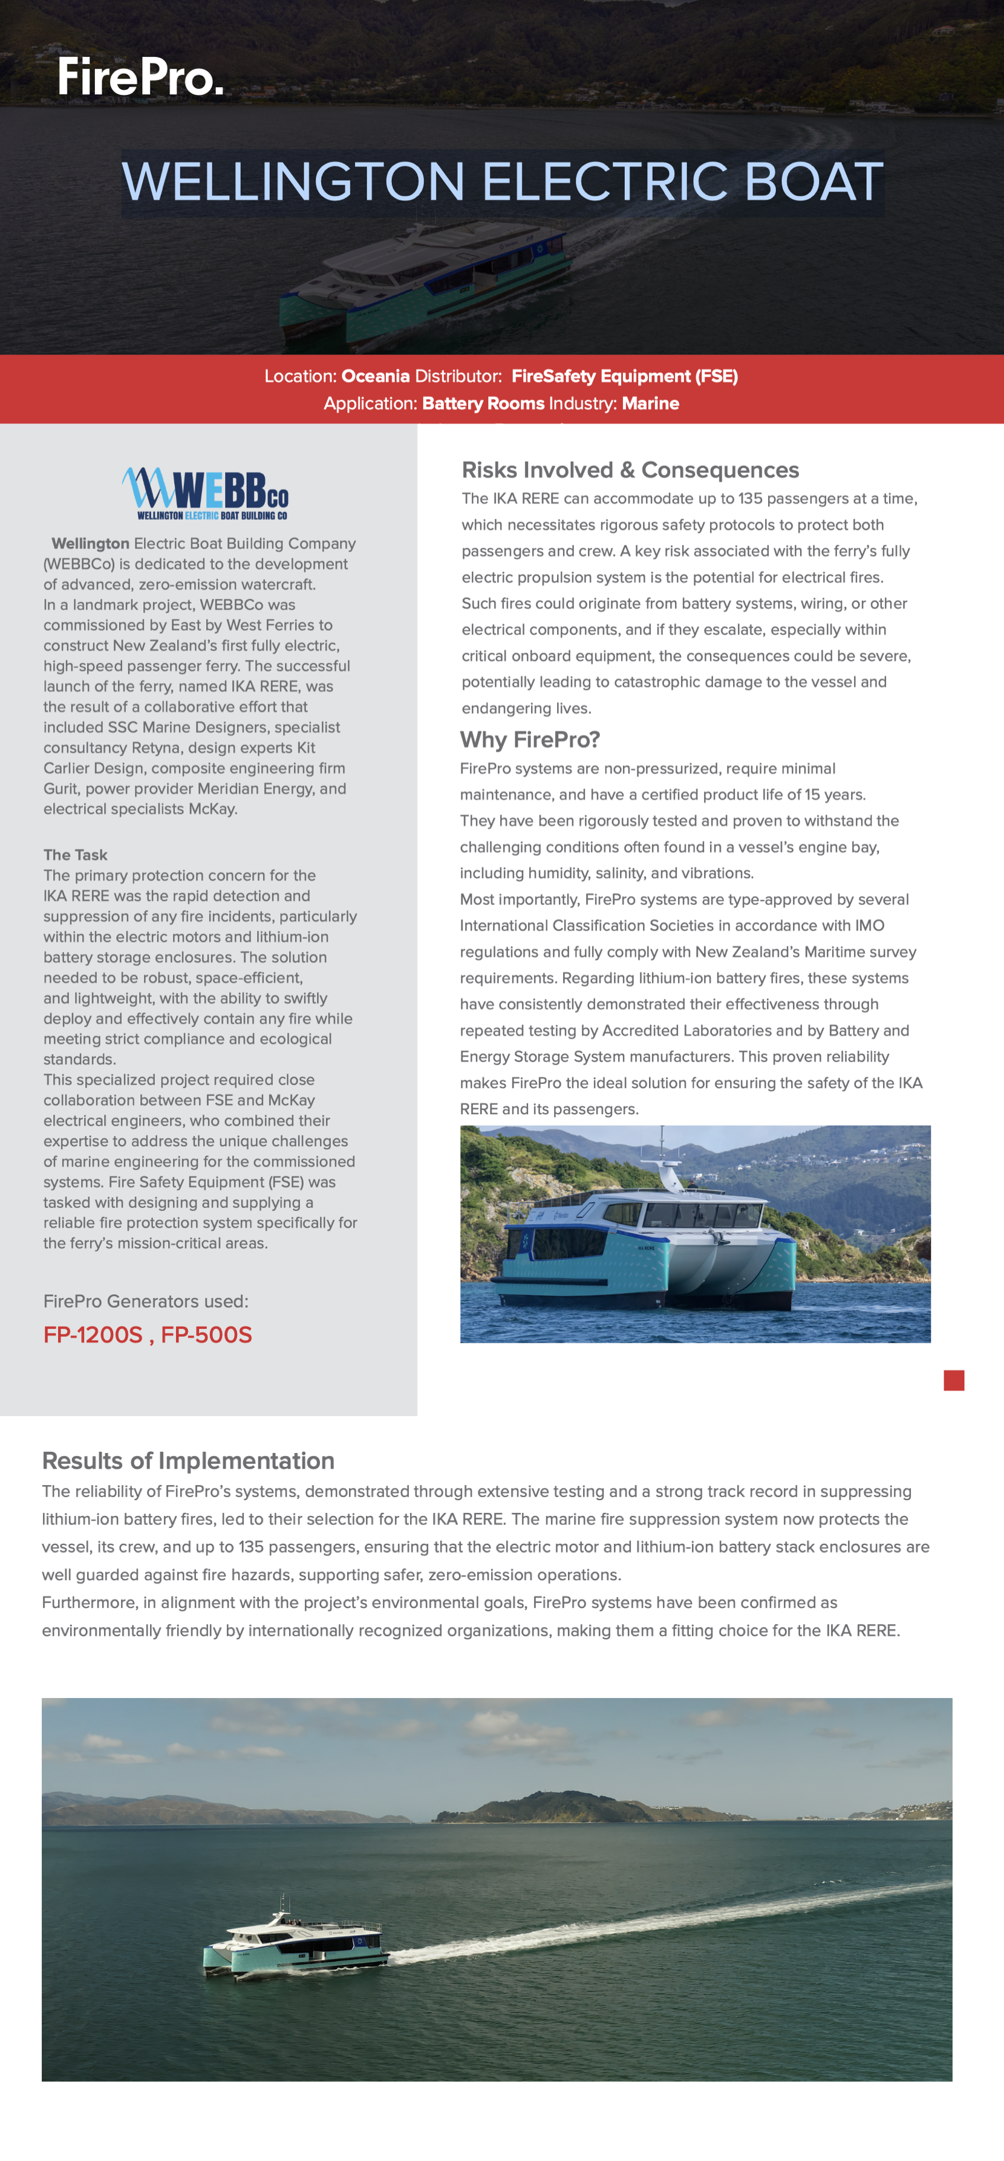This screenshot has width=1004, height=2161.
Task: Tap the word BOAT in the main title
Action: tap(813, 182)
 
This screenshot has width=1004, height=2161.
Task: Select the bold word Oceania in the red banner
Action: tap(375, 376)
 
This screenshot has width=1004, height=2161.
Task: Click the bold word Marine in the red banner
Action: tap(650, 404)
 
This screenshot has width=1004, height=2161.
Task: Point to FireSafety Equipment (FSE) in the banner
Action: tap(624, 376)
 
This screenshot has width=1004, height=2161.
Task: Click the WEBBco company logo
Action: tap(206, 493)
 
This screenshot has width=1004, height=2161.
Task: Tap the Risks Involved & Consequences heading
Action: tap(630, 470)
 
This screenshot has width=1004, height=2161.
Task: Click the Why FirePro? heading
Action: tap(529, 739)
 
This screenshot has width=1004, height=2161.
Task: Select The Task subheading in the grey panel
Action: tap(76, 854)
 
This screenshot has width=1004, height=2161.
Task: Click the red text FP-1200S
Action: tap(93, 1335)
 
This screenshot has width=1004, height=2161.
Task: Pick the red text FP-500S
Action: tap(206, 1335)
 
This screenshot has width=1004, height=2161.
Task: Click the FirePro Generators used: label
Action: tap(146, 1301)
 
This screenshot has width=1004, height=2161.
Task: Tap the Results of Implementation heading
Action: tap(188, 1460)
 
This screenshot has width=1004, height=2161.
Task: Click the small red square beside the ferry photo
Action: tap(954, 1380)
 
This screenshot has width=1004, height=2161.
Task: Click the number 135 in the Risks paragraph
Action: tap(750, 498)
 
